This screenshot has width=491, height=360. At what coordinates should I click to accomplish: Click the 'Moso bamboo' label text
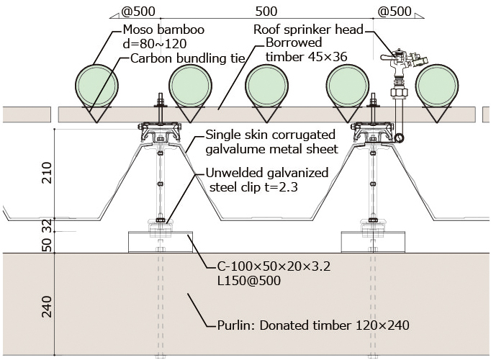click(x=163, y=30)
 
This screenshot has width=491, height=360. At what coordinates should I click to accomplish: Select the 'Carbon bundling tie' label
click(x=188, y=58)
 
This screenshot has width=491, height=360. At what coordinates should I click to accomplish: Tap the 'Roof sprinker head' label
click(x=308, y=30)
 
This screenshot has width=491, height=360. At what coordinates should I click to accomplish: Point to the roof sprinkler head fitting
click(x=405, y=62)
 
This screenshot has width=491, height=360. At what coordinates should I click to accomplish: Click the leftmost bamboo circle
click(x=96, y=86)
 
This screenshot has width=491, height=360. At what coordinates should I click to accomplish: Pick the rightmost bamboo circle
click(x=437, y=86)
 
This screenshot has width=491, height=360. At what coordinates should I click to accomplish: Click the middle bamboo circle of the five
click(x=267, y=86)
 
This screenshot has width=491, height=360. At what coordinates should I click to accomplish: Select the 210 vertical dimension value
click(x=46, y=173)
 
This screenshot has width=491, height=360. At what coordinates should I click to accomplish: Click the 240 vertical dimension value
click(x=46, y=307)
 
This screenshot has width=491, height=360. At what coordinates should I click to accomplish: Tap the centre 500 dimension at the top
click(x=266, y=12)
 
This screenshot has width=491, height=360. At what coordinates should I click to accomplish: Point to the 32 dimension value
click(x=46, y=225)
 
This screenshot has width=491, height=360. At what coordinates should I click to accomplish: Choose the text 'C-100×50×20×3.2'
click(x=274, y=266)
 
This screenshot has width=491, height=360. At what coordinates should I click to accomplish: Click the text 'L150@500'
click(x=249, y=280)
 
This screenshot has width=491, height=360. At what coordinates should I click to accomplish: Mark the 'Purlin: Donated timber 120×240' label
click(x=313, y=325)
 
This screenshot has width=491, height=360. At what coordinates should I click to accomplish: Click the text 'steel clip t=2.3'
click(x=253, y=187)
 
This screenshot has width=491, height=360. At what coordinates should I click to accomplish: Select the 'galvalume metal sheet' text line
click(x=272, y=149)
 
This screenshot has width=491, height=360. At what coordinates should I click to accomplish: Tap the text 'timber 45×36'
click(x=307, y=57)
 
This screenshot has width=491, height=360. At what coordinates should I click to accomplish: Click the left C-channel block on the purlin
click(x=161, y=242)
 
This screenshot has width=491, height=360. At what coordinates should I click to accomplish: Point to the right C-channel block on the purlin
click(x=373, y=242)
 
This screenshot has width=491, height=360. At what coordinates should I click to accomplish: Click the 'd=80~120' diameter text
click(x=155, y=44)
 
